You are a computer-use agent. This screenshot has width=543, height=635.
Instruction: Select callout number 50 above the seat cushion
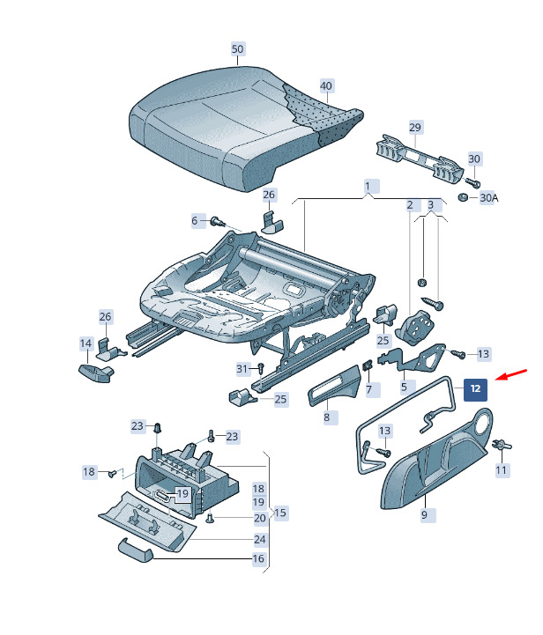coord(238,49)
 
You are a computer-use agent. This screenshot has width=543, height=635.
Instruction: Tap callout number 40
coord(326,86)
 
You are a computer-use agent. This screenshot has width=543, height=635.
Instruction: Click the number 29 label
coord(415,128)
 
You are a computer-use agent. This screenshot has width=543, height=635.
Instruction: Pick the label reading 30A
coord(488,198)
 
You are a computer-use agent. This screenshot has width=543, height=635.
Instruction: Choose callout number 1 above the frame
coord(368,187)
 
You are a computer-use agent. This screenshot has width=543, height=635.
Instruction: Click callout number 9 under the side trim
coord(423,513)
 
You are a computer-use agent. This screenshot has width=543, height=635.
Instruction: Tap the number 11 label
coord(501,470)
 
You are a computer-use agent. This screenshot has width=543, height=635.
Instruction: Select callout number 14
coord(86,343)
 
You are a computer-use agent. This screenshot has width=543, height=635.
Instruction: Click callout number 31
coord(242,368)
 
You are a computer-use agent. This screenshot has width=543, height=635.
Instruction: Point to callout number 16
coord(258,559)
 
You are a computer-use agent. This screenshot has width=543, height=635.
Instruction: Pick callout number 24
coord(259,539)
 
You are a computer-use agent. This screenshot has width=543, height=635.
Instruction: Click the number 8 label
coord(326,417)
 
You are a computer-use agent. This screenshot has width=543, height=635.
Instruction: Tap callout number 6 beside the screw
coord(195,220)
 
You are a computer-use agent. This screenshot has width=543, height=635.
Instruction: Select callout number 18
coord(89,472)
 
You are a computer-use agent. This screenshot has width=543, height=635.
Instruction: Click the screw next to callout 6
coord(215,221)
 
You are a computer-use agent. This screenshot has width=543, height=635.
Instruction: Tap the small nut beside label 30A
coord(465,197)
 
